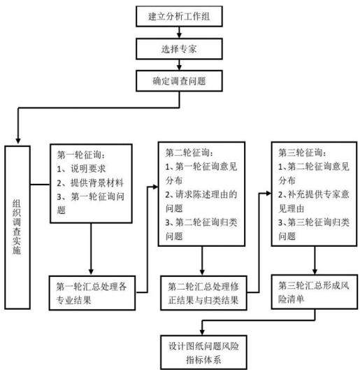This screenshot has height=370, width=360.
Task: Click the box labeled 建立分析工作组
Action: click(179, 16)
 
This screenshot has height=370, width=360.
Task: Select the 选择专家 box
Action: click(179, 49)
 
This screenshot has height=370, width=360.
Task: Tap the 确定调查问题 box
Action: click(179, 81)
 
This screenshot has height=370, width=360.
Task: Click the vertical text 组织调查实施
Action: click(17, 227)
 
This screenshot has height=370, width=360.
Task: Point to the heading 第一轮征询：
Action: click(81, 155)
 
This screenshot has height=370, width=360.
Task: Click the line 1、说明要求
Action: click(81, 169)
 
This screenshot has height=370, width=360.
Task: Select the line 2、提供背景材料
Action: click(90, 183)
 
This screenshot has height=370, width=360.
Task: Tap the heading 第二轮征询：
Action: click(189, 153)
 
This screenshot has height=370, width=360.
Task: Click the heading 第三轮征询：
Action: click(303, 153)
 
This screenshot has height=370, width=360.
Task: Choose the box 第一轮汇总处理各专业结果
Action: click(92, 293)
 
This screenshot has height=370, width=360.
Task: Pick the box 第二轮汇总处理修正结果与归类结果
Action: click(203, 293)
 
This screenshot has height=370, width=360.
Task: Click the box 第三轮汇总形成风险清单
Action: click(315, 292)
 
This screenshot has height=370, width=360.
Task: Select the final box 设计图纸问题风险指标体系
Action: click(203, 353)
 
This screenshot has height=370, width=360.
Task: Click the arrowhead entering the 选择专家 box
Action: click(179, 36)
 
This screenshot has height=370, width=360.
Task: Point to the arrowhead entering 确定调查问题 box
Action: click(179, 67)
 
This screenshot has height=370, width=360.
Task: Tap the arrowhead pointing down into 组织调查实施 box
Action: click(18, 140)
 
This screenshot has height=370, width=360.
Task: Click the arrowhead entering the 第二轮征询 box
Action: click(155, 187)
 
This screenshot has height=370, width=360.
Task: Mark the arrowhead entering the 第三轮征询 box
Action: click(268, 194)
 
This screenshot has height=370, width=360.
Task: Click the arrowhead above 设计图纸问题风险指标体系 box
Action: click(202, 332)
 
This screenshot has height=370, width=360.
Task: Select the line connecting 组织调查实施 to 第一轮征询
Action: click(40, 184)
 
